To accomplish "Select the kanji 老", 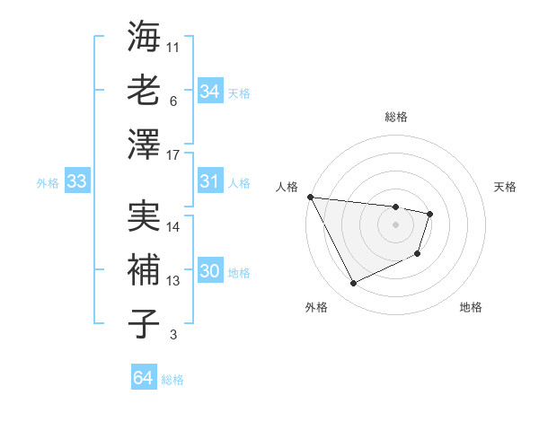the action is (x=143, y=90).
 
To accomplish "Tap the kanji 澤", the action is (x=143, y=144).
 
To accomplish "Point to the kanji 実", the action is (x=143, y=215).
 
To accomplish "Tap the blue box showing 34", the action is (x=209, y=91).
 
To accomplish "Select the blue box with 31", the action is (x=209, y=181).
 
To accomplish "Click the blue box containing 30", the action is (x=209, y=272).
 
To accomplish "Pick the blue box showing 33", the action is (x=76, y=182).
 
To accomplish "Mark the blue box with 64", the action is (x=143, y=378).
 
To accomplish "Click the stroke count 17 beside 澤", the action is (x=173, y=155).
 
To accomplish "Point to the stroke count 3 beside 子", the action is (x=173, y=335).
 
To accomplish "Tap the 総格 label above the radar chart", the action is (x=396, y=117).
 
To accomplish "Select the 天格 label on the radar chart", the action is (x=506, y=187).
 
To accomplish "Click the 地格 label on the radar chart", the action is (x=471, y=307).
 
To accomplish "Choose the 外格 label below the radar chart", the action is (x=316, y=307).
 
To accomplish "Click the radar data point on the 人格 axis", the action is (x=310, y=197).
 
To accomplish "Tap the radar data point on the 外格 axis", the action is (x=353, y=284).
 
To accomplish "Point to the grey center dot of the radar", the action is (x=396, y=224).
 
